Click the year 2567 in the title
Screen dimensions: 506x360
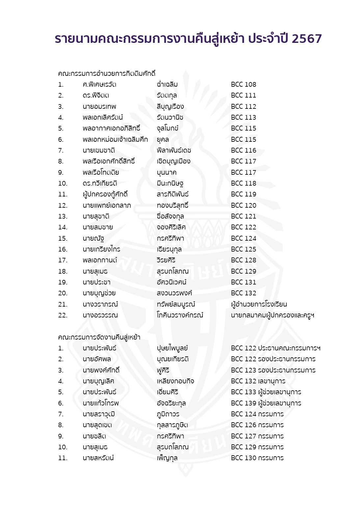306,39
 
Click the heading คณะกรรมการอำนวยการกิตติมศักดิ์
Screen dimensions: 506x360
106,74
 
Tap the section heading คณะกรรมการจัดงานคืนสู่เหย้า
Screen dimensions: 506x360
99,337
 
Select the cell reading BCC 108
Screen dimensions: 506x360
243,84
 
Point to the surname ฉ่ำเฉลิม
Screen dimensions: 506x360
167,84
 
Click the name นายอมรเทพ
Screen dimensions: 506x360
99,106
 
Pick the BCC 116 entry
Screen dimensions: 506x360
243,150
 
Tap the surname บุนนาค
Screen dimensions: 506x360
166,172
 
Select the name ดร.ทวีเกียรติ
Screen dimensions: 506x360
100,183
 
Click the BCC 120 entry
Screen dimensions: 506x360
243,205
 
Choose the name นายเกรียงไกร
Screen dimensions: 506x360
101,249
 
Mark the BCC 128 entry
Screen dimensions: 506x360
243,260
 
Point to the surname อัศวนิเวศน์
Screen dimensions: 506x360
171,282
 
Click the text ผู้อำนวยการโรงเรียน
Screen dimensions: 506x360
259,304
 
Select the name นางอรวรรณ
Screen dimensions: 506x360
100,315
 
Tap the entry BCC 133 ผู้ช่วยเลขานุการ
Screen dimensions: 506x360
266,392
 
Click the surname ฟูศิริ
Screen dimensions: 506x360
163,370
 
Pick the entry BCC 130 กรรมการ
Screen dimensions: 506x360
257,458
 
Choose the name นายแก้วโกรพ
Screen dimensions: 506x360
100,403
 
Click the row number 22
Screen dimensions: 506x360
63,315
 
